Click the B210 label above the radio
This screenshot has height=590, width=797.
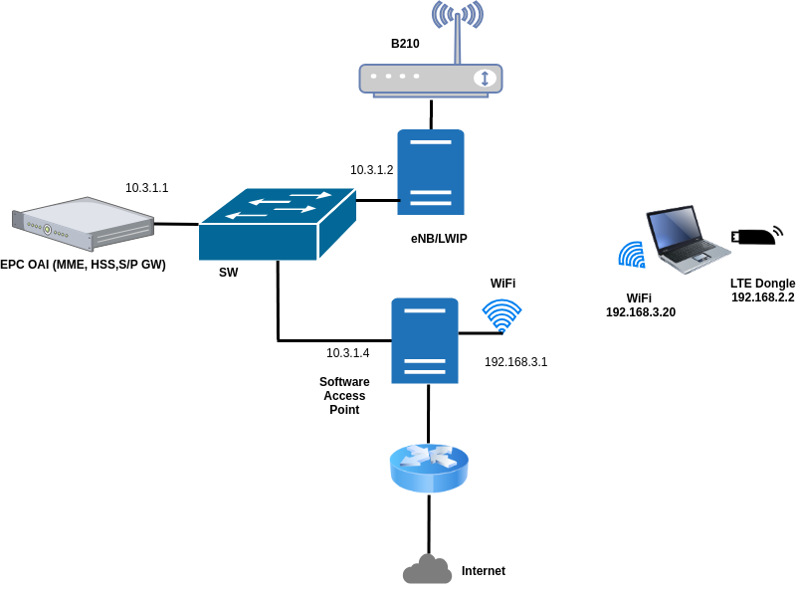(x=405, y=44)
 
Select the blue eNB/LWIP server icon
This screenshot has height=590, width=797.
(x=430, y=171)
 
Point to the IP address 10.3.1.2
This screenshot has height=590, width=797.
(x=371, y=170)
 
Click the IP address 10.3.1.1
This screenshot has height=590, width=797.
(x=146, y=188)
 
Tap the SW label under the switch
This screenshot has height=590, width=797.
(x=229, y=272)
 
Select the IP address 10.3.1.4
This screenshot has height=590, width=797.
(x=347, y=353)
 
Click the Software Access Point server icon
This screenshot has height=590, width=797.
(x=425, y=340)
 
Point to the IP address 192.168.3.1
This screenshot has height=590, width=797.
(x=515, y=362)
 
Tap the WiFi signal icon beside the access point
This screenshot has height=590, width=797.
(x=503, y=316)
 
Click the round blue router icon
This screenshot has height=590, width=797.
(x=429, y=468)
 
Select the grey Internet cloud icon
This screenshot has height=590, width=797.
(x=427, y=570)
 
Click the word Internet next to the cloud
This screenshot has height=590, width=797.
(x=484, y=571)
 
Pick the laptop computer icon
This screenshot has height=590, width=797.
(x=686, y=240)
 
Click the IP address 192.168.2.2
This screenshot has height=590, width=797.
(x=762, y=297)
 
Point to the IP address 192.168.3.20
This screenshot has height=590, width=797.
(x=640, y=312)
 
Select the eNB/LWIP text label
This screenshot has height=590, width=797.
(x=439, y=239)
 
